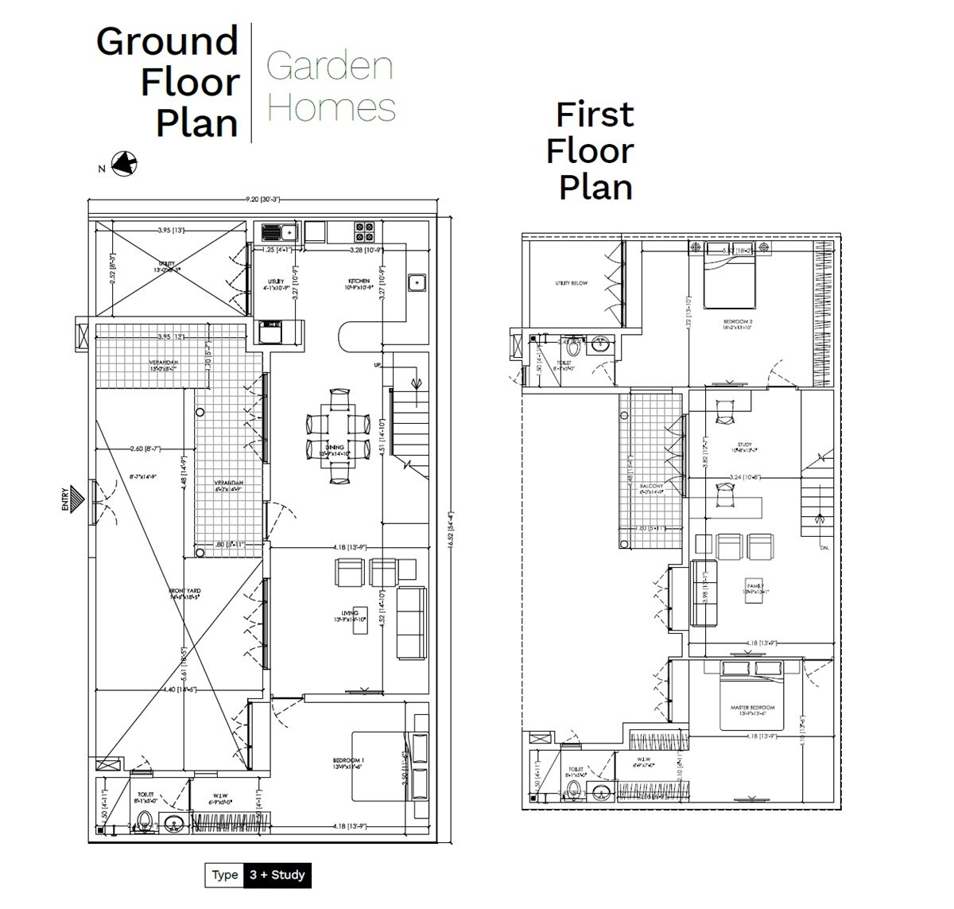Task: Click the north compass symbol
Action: pyautogui.click(x=123, y=164)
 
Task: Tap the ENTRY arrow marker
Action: pyautogui.click(x=75, y=499)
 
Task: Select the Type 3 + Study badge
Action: pyautogui.click(x=258, y=875)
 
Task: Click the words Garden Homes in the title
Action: pyautogui.click(x=330, y=87)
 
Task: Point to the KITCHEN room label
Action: pyautogui.click(x=359, y=282)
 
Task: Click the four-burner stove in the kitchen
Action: pyautogui.click(x=365, y=231)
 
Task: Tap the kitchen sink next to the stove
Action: pyautogui.click(x=279, y=232)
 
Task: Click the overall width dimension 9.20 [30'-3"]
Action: pyautogui.click(x=263, y=200)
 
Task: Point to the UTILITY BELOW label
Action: pyautogui.click(x=571, y=283)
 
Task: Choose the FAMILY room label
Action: pyautogui.click(x=754, y=586)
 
